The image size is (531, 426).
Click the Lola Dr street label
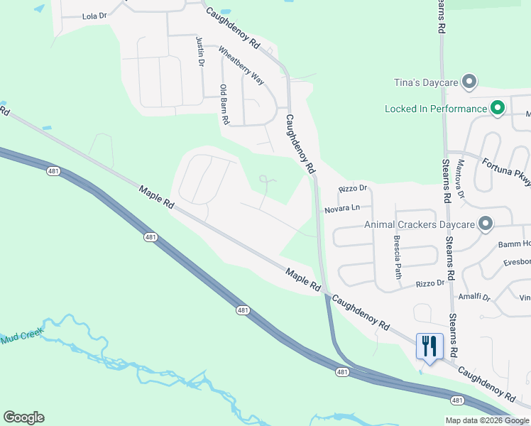click(94, 16)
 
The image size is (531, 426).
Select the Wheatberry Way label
click(241, 66)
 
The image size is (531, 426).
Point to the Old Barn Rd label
click(224, 105)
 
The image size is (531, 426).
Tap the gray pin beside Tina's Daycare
click(469, 82)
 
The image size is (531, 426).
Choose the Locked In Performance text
click(436, 109)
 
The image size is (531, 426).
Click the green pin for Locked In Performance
click(498, 108)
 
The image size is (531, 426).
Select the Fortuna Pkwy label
click(506, 171)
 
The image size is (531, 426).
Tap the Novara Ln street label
click(343, 209)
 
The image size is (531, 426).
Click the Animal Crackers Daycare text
click(419, 224)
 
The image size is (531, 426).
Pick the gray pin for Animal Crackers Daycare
click(486, 224)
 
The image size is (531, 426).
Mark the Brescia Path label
click(398, 256)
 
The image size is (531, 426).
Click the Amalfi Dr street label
click(476, 297)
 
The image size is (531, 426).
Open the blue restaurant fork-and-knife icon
click(429, 346)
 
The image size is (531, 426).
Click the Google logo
click(23, 417)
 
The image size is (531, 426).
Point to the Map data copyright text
click(487, 420)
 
